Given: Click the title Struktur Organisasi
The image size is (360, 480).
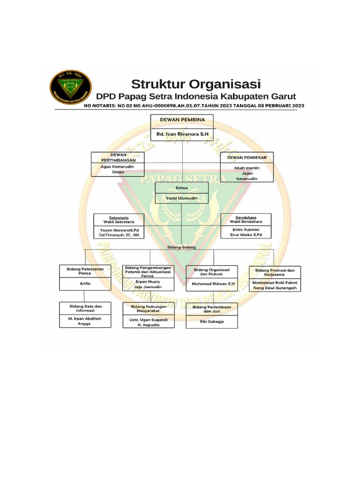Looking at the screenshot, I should point(195,84).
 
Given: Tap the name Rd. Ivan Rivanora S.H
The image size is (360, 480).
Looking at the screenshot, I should point(182,134).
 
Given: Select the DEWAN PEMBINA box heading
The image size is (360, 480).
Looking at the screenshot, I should point(182,120).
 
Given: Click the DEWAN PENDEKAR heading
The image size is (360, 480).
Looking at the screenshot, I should point(247,157).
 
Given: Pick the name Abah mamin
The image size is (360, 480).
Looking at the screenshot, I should point(247,167).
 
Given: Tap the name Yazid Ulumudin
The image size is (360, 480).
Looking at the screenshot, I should point(182,198).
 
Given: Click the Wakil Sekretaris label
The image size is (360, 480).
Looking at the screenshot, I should point(119,222).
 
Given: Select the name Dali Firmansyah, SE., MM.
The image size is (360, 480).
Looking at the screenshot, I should point(119,235).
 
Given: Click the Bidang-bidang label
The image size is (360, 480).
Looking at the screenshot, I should point(181,246).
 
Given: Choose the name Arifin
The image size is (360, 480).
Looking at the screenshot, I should point(85,284).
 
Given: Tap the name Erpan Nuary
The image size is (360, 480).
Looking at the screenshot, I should point(148,282).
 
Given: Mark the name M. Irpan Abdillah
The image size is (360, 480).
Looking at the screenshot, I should point(84,318).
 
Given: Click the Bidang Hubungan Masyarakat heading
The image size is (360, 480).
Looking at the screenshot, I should point(148,308).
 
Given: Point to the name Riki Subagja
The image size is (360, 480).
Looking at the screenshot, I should point(212,322).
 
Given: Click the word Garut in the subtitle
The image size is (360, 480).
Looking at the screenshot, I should point(282,97).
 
